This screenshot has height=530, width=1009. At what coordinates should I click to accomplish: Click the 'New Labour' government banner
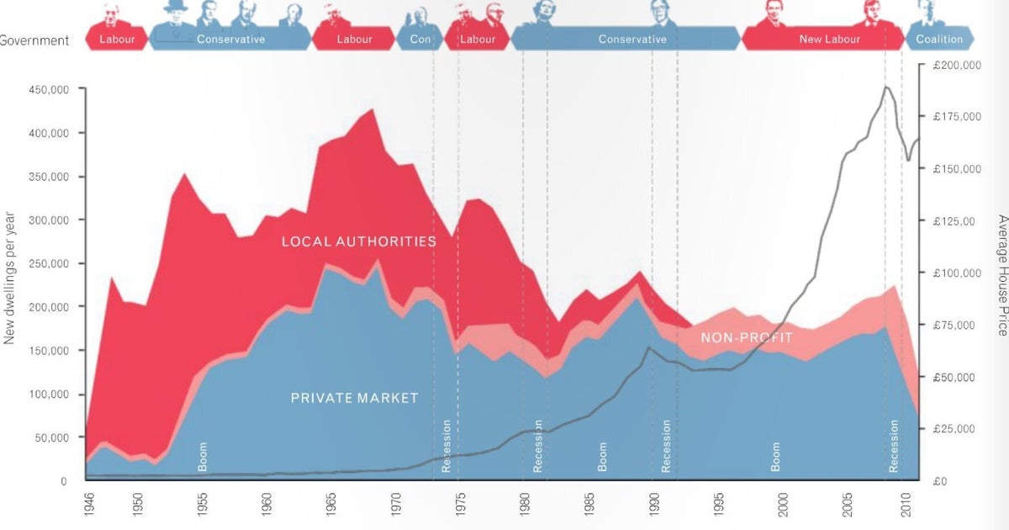click(x=828, y=40)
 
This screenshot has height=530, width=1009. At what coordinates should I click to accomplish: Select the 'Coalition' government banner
click(x=938, y=40)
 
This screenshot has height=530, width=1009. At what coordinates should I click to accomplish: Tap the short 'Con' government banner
click(x=420, y=40)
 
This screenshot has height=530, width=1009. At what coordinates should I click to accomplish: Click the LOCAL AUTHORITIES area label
click(x=359, y=242)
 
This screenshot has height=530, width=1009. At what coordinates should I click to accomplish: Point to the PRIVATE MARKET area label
click(x=354, y=398)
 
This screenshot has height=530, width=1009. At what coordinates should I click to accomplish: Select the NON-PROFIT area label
click(x=747, y=338)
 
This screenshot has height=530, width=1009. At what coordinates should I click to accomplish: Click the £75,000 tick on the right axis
click(x=954, y=326)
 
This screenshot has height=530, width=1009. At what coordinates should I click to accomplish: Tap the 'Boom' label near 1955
click(x=202, y=456)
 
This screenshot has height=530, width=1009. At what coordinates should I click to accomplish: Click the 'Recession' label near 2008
click(x=893, y=446)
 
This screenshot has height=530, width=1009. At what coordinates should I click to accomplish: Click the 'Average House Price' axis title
click(x=1002, y=275)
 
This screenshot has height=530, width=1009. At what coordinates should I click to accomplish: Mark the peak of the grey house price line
click(x=886, y=87)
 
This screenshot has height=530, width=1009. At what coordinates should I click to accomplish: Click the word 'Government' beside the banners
click(x=34, y=40)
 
